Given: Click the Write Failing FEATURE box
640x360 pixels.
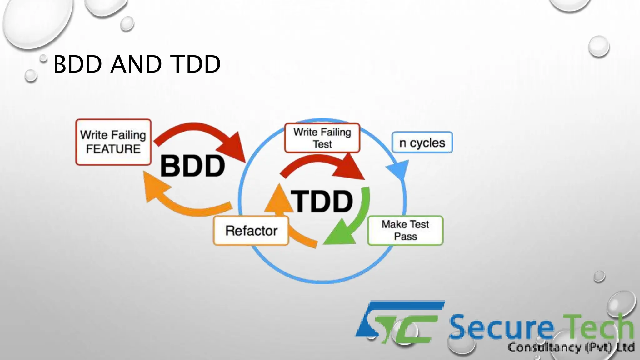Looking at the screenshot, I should coord(113,142).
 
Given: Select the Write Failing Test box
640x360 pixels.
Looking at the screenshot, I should coord(322,138).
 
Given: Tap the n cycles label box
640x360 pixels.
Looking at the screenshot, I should coord(422,142).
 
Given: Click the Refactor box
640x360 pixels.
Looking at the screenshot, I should coord(251,231).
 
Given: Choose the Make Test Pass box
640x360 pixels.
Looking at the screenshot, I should coord(405,230).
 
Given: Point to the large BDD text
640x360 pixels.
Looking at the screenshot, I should coord(192,166).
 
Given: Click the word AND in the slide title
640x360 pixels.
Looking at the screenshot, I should coord(136,64).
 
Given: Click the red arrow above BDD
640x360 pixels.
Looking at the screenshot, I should coord(203,131).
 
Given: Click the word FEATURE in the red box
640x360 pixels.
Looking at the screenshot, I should coord(113,149).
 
